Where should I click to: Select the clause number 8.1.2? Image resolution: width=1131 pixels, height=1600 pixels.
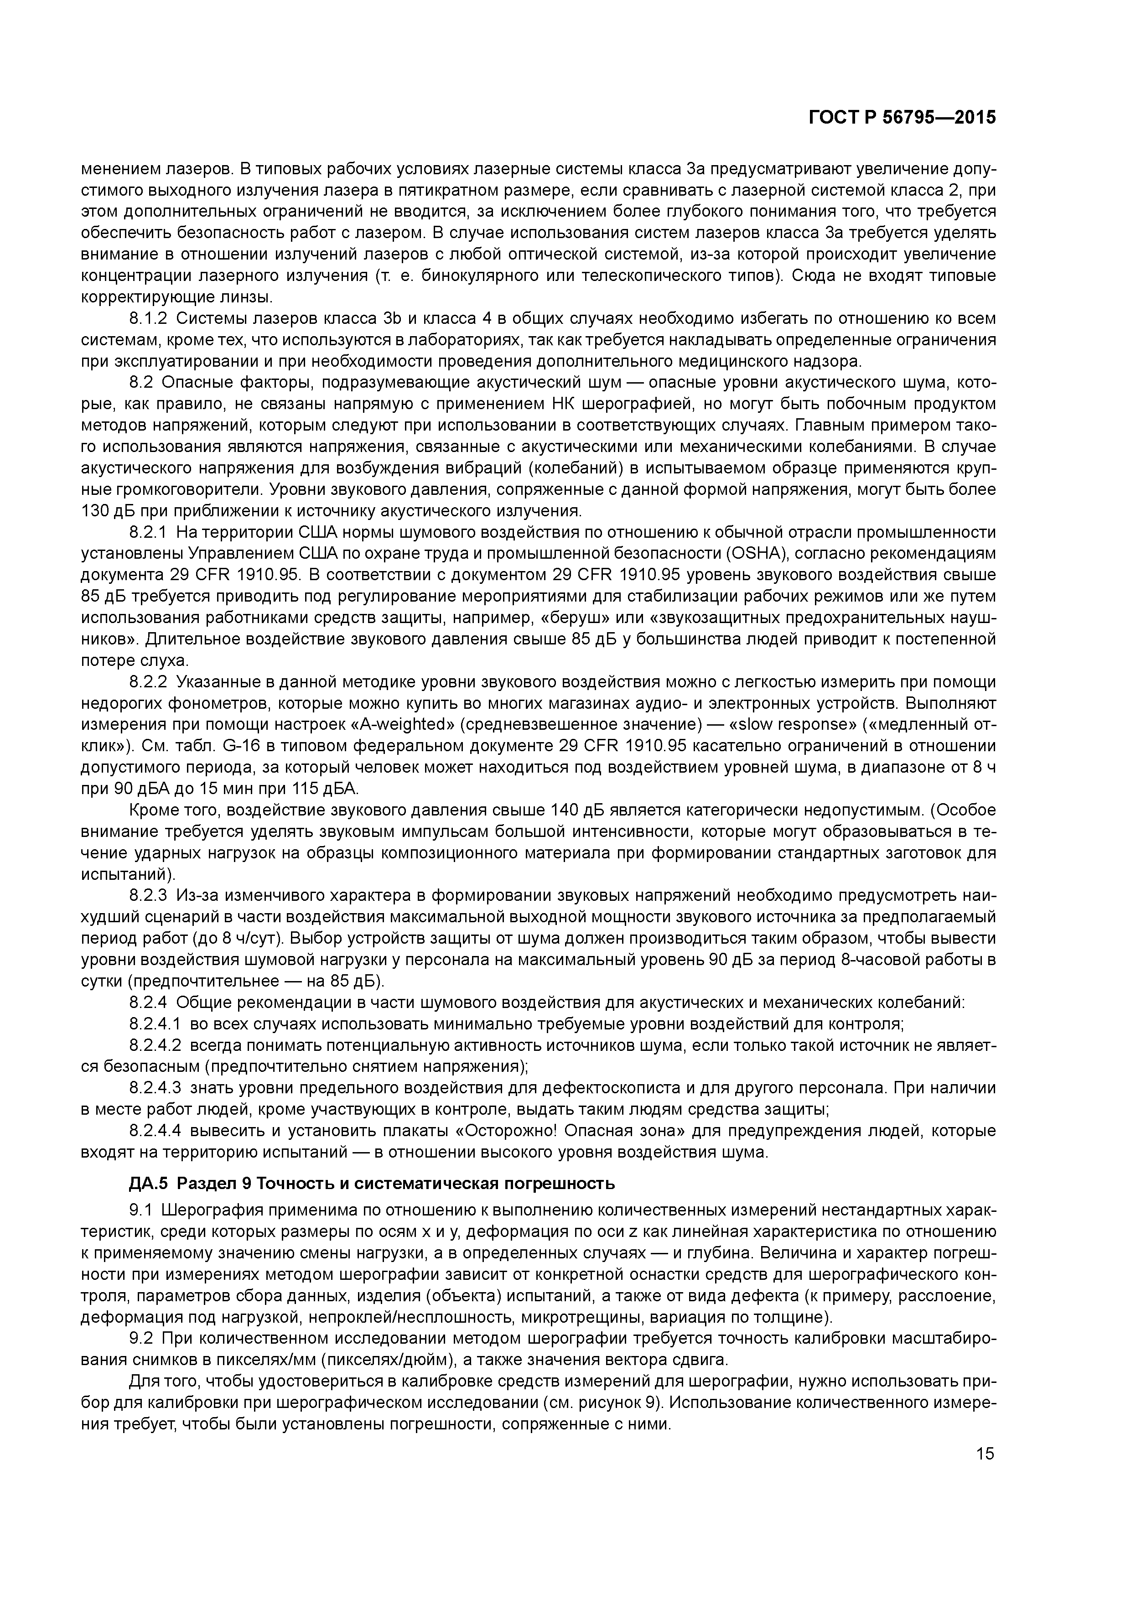[148, 319]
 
